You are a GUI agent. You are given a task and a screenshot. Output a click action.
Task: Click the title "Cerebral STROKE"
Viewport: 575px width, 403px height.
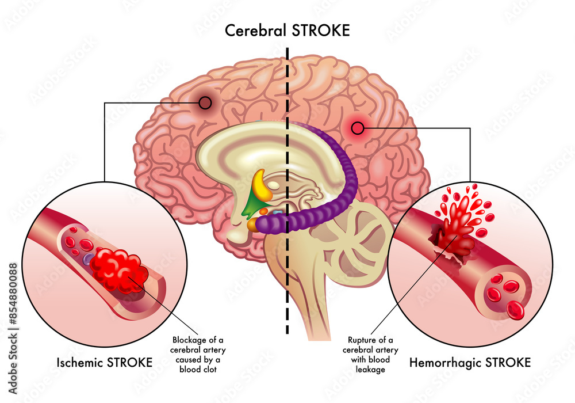point(287,30)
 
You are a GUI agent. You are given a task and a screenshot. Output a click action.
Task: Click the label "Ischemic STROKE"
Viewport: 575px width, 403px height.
point(104,363)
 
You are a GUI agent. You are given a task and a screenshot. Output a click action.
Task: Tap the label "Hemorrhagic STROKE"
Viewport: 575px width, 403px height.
point(470,363)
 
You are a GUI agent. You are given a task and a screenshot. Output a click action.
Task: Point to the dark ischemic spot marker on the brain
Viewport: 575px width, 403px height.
point(205,104)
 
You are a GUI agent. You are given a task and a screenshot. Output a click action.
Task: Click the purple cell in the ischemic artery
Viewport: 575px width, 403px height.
point(87,260)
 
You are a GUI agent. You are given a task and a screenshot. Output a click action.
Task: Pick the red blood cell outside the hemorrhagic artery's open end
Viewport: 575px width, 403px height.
point(516,311)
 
